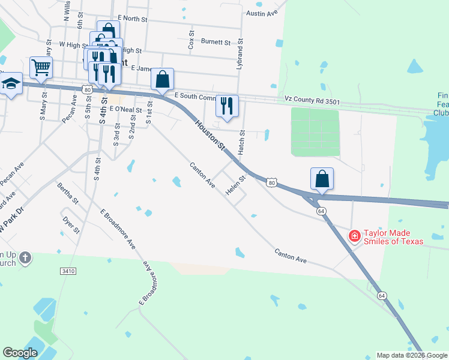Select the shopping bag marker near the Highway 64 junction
(322, 179)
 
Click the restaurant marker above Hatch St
(227, 106)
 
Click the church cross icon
(25, 259)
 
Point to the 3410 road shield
(68, 271)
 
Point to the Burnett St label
(216, 43)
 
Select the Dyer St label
(71, 224)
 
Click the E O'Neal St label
(125, 110)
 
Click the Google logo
(20, 353)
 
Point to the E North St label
(133, 19)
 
